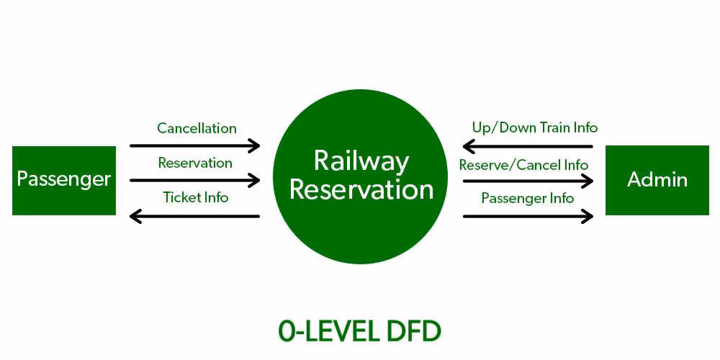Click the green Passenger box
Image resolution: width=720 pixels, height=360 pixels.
pos(64,180)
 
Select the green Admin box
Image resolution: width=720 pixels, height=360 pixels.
pos(657,180)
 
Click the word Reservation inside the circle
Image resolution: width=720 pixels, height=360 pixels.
pos(361,189)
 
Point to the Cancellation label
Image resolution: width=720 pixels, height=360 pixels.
pos(197,129)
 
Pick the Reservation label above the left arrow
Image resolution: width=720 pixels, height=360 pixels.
pos(195,163)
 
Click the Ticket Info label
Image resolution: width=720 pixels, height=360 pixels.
pos(195,197)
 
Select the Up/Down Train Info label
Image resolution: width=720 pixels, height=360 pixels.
pos(535,128)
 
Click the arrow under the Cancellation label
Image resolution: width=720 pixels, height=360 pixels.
pos(194,146)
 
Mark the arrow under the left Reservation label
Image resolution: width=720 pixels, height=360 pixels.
pos(194,180)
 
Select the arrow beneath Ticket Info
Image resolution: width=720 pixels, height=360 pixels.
pos(194,215)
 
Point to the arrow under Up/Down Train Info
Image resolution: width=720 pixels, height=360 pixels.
pos(528,147)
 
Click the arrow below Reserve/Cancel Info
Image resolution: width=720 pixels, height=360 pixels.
pos(528,181)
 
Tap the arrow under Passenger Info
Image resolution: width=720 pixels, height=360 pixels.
pos(528,215)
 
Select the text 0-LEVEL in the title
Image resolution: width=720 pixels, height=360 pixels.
pos(325,332)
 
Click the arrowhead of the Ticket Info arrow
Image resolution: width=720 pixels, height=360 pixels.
pos(134,215)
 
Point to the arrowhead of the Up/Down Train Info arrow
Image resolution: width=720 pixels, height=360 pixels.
pos(468,147)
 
